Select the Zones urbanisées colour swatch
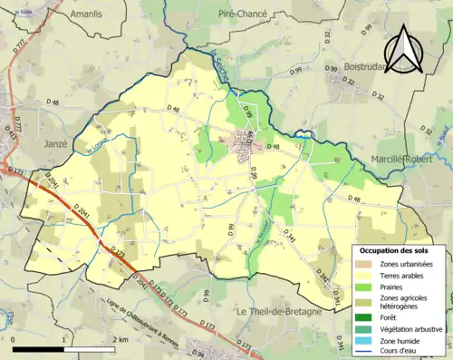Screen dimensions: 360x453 [x=364, y=263]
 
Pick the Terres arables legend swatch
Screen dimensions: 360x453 [x=364, y=276]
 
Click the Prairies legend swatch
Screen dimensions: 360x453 [x=364, y=288]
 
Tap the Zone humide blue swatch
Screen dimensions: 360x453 [x=364, y=340]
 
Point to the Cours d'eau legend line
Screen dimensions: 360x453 [x=364, y=352]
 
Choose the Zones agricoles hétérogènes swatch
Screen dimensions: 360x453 [x=364, y=302]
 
